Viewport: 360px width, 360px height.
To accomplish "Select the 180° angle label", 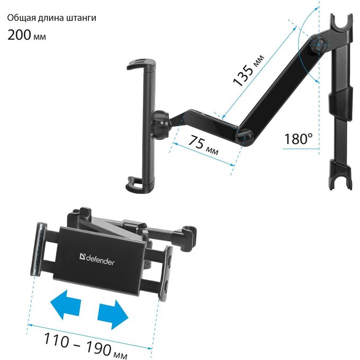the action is click(298, 139).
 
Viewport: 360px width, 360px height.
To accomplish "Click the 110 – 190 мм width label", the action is click(85, 346).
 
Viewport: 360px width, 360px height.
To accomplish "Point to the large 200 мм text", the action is click(26, 35).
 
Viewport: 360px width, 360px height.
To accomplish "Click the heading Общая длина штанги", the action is click(52, 18).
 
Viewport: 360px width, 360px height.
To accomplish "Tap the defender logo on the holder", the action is click(97, 259).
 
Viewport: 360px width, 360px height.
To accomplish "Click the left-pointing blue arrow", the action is click(66, 304).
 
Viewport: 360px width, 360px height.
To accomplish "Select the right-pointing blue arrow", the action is click(113, 314).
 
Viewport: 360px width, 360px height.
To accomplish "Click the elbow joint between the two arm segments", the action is click(244, 137).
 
